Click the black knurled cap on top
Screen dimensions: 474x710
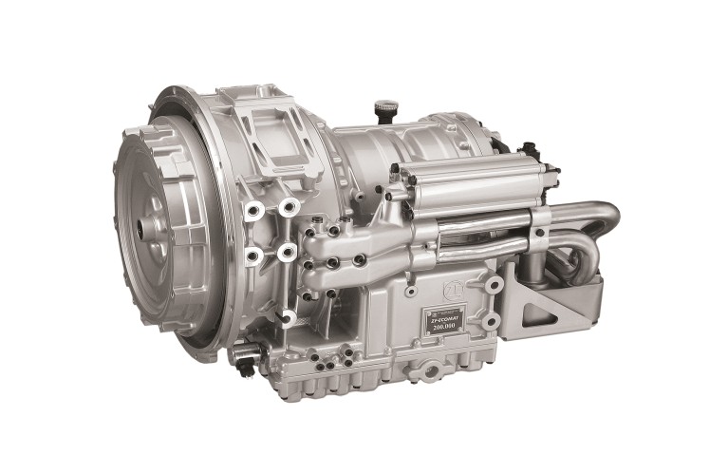(383, 108)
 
